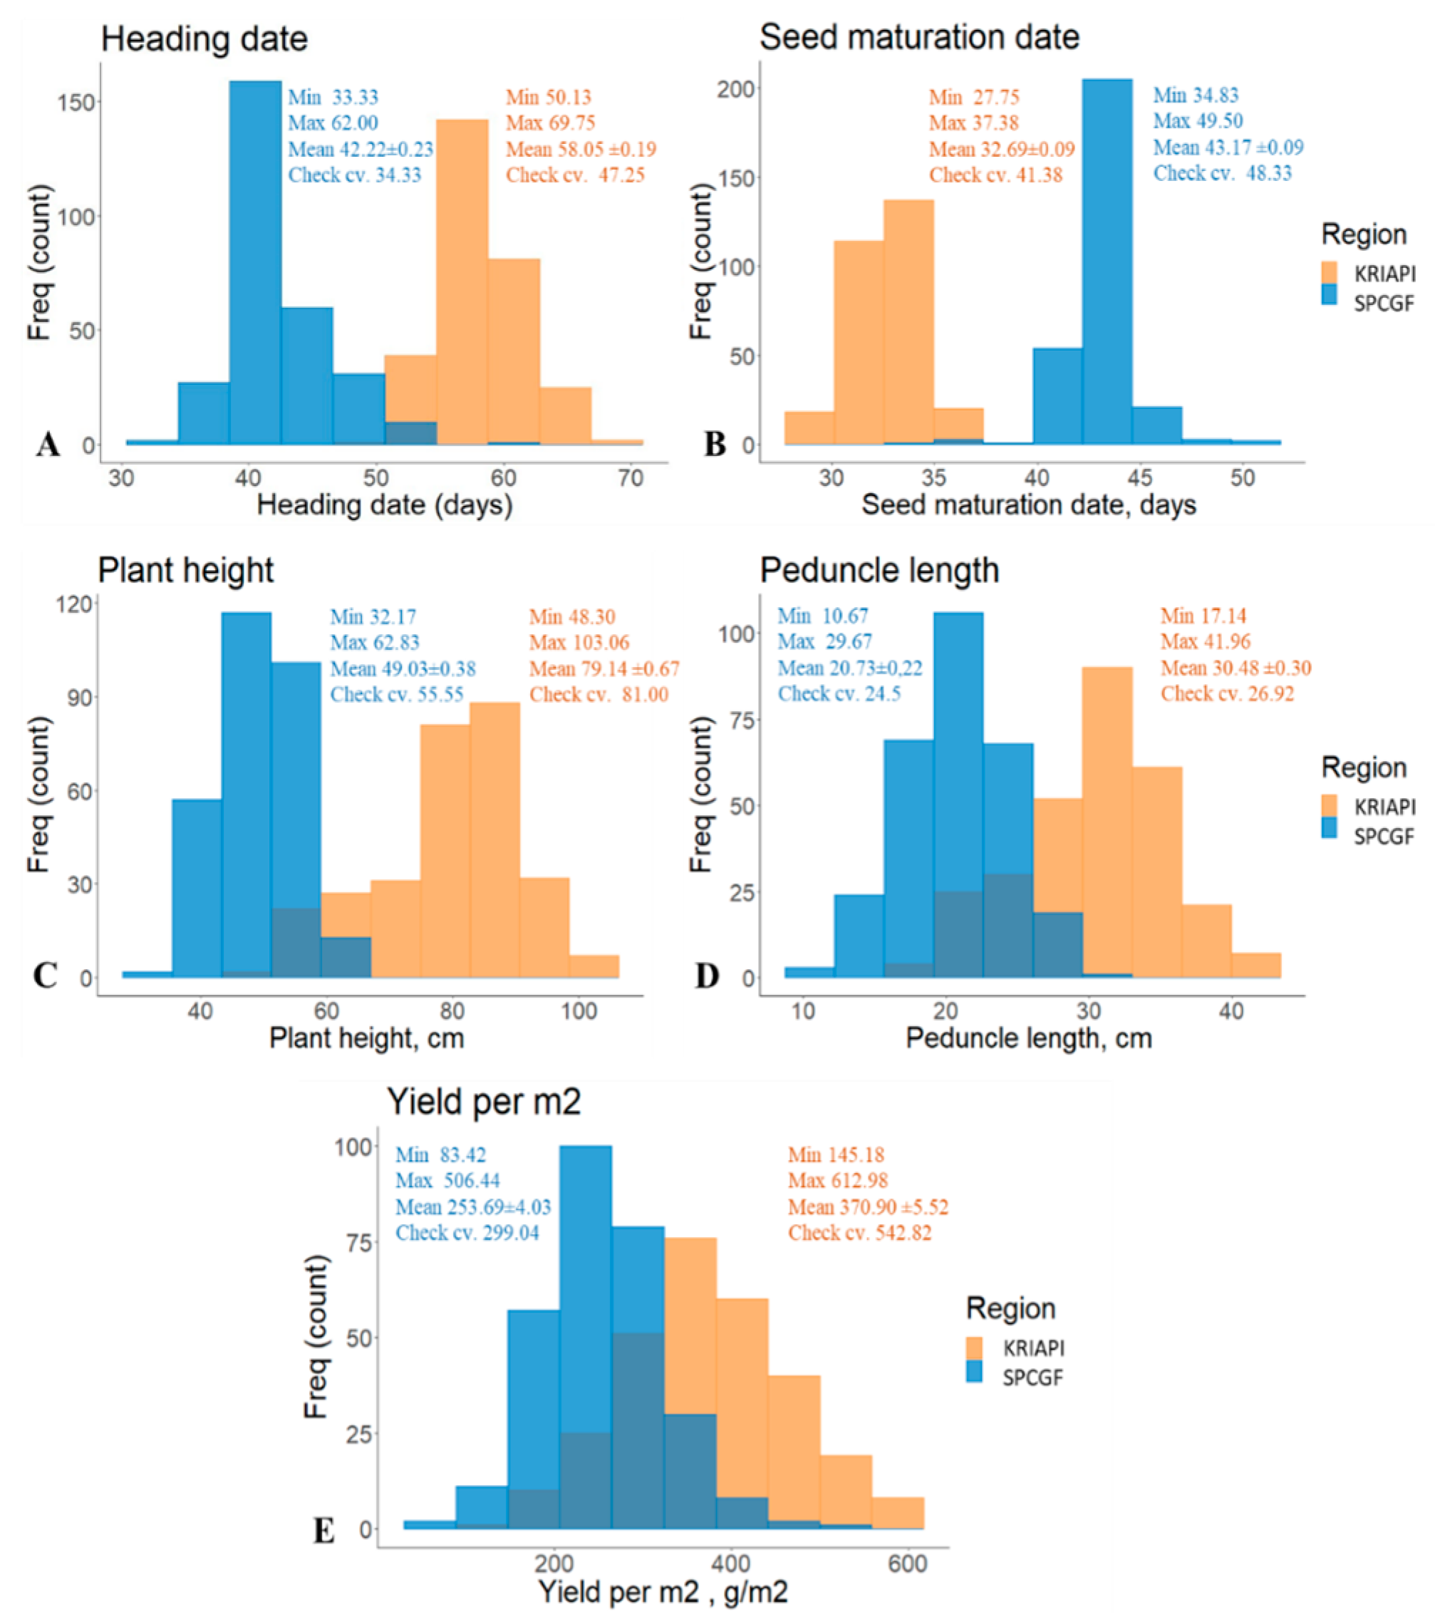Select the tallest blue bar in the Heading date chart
coord(255,262)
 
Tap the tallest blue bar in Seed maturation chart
coord(1107,262)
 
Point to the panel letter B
coord(715,444)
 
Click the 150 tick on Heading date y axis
coord(77,103)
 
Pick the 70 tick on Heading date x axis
coord(630,477)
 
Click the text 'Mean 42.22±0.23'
coord(360,150)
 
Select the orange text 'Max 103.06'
coord(579,642)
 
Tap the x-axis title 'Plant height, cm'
coord(366,1038)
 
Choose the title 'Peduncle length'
coord(879,571)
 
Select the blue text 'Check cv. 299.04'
coord(467,1233)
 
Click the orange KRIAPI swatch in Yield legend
coord(974,1348)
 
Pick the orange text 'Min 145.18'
coord(836,1154)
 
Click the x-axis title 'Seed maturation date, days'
coord(1028,505)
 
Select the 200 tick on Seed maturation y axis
coord(735,89)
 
